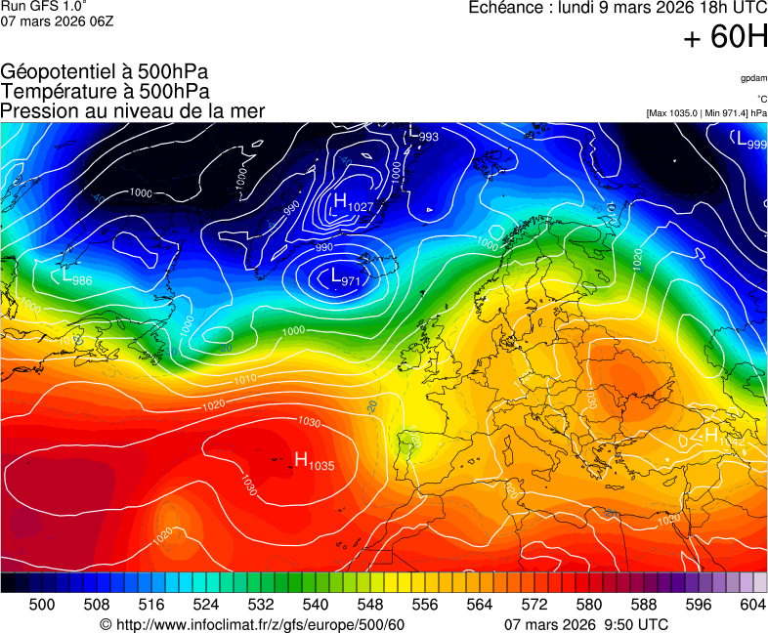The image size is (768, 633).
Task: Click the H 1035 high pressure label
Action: pyautogui.click(x=314, y=462)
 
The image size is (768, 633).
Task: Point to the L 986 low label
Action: pyautogui.click(x=77, y=278)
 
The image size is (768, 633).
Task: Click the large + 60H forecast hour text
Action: pyautogui.click(x=725, y=38)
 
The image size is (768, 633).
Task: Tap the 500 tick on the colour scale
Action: pyautogui.click(x=42, y=606)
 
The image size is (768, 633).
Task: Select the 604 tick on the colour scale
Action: pyautogui.click(x=752, y=606)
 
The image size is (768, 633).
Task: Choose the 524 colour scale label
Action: pyautogui.click(x=206, y=606)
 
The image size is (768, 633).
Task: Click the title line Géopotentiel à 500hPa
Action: pyautogui.click(x=105, y=72)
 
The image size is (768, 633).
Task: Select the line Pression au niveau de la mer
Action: pyautogui.click(x=133, y=111)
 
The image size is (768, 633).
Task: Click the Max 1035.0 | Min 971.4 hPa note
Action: pyautogui.click(x=706, y=113)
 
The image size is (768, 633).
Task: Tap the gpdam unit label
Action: pyautogui.click(x=753, y=78)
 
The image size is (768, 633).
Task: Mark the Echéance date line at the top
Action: pyautogui.click(x=618, y=8)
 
